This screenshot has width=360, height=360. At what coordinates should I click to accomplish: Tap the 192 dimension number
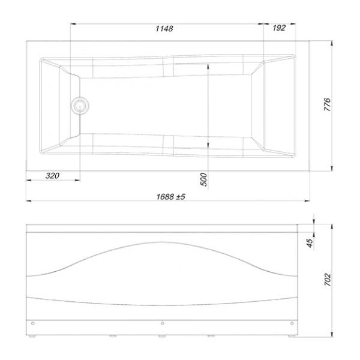[278, 29]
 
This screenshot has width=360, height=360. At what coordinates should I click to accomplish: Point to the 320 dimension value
[52, 176]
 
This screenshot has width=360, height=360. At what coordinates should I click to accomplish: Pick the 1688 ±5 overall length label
[169, 195]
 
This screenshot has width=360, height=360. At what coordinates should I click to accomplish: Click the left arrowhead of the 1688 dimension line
[29, 200]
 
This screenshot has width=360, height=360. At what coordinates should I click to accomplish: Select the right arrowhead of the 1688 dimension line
[307, 200]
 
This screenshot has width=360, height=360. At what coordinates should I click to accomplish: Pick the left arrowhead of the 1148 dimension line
[73, 24]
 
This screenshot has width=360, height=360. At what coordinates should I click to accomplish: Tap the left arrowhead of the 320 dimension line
[29, 181]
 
